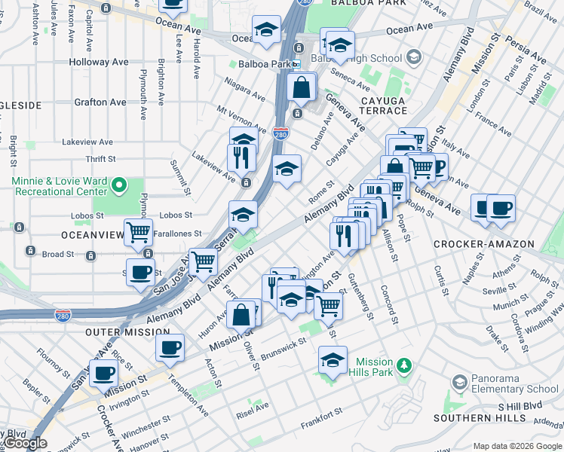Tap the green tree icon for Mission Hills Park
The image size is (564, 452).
click(405, 366)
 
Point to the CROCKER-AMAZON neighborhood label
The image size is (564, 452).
click(483, 244)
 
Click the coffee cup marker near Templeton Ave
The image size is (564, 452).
click(170, 347)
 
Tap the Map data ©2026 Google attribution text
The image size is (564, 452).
click(517, 446)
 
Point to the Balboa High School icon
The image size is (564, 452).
click(413, 58)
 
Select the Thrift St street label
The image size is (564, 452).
click(100, 159)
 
